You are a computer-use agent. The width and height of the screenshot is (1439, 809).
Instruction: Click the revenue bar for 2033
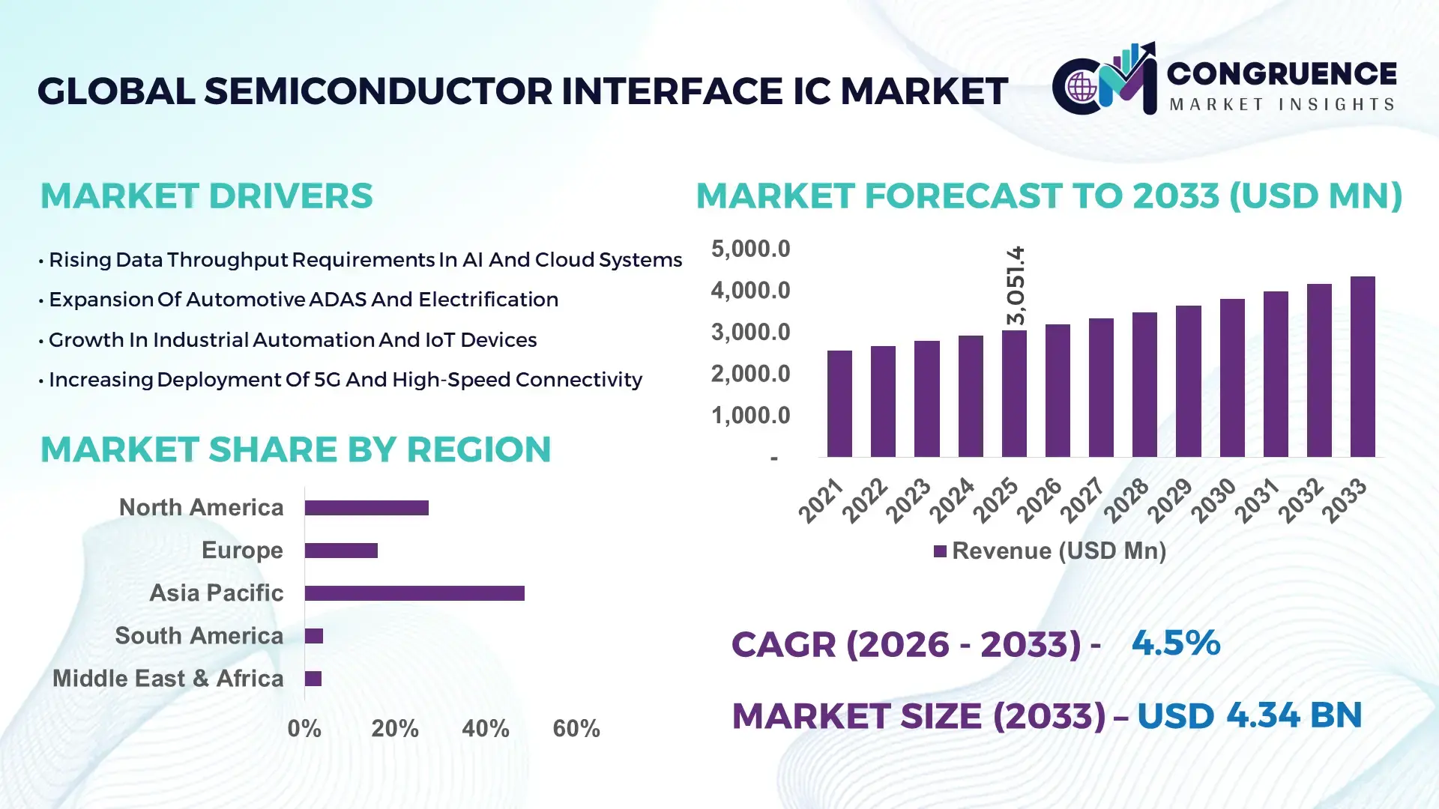coord(1362,367)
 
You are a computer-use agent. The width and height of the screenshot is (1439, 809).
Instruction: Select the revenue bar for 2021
coord(839,404)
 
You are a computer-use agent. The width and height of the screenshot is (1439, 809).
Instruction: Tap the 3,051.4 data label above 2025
coord(1016,285)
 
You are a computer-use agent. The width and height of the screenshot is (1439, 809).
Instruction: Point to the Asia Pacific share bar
coord(414,593)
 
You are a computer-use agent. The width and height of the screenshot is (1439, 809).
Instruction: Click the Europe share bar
coord(341,551)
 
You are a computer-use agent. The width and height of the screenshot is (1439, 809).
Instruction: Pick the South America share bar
coord(314,636)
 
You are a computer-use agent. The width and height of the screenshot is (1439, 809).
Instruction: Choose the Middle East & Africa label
coord(168,679)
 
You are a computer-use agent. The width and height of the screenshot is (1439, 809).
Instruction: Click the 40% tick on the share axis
coord(485,728)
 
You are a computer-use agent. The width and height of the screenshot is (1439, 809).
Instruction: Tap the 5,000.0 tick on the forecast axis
coord(750,249)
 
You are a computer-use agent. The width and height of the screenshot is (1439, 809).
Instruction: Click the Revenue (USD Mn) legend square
coord(940,551)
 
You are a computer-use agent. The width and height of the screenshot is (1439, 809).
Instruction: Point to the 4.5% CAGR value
coord(1175,643)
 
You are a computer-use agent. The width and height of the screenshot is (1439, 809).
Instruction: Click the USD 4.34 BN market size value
coord(1249,715)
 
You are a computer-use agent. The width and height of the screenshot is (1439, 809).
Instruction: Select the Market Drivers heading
coord(206,196)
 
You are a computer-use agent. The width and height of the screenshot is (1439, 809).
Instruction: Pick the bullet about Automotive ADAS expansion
coord(303,300)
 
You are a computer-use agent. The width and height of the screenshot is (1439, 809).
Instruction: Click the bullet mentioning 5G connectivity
coord(345,380)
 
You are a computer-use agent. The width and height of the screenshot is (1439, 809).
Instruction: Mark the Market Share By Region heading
coord(295,449)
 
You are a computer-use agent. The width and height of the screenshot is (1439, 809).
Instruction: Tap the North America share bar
coord(366,508)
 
